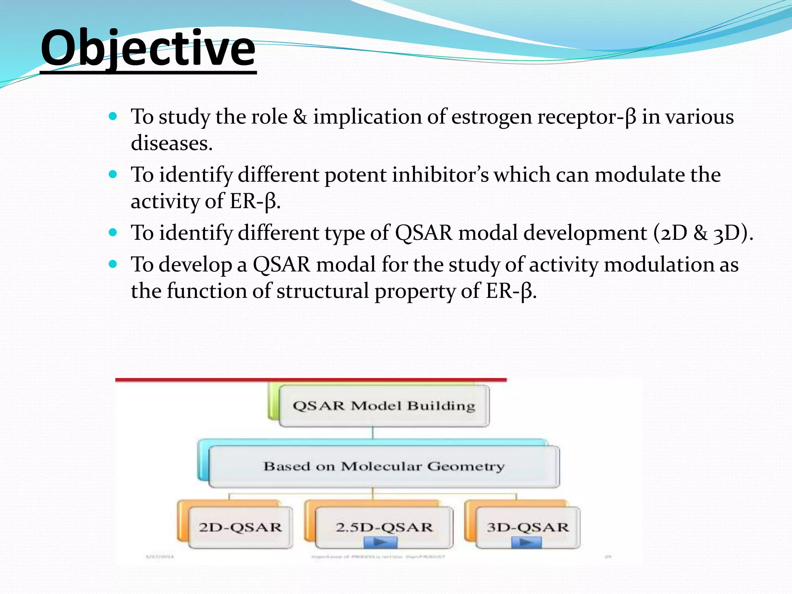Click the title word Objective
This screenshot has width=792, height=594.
click(148, 49)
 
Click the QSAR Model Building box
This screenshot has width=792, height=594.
click(384, 406)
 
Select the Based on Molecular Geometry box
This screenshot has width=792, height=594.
click(384, 466)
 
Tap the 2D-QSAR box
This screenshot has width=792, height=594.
click(240, 527)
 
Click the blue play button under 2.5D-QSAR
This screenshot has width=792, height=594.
click(381, 543)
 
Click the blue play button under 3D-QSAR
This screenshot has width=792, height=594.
click(526, 543)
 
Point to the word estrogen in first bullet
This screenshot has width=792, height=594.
click(492, 117)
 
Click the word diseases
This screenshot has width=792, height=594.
click(172, 143)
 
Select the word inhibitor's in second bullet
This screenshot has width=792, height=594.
click(440, 175)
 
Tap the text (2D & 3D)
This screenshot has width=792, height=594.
click(703, 233)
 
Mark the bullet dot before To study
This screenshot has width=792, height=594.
click(113, 116)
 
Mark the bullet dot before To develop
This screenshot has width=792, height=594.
click(113, 264)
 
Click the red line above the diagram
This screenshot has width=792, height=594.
click(311, 380)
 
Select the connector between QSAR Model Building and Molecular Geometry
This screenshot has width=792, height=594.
click(373, 433)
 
